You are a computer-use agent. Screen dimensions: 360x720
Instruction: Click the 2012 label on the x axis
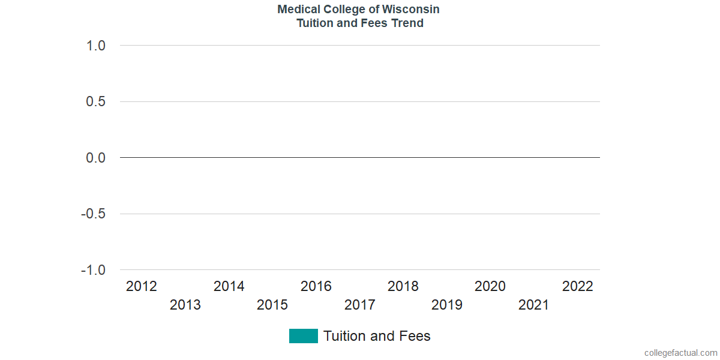pyautogui.click(x=142, y=287)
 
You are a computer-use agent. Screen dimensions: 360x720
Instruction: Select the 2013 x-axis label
pyautogui.click(x=185, y=305)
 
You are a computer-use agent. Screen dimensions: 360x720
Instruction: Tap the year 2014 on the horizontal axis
pyautogui.click(x=229, y=287)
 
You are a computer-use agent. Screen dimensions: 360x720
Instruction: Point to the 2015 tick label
pyautogui.click(x=272, y=305)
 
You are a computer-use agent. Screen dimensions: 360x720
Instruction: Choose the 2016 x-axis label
pyautogui.click(x=316, y=287)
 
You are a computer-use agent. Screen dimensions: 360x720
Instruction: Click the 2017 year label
pyautogui.click(x=360, y=305)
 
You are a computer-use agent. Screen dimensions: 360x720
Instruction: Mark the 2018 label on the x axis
pyautogui.click(x=403, y=287)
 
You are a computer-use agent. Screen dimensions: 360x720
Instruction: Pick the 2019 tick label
pyautogui.click(x=447, y=305)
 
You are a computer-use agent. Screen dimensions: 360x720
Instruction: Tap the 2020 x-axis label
pyautogui.click(x=490, y=287)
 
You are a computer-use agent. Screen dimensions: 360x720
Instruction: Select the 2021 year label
pyautogui.click(x=534, y=305)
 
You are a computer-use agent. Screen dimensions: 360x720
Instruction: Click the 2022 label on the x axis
pyautogui.click(x=577, y=287)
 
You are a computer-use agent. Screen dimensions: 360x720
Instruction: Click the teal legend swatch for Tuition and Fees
pyautogui.click(x=304, y=336)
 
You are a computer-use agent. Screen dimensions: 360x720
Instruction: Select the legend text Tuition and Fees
pyautogui.click(x=377, y=336)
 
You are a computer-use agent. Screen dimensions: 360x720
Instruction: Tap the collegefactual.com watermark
pyautogui.click(x=680, y=353)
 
